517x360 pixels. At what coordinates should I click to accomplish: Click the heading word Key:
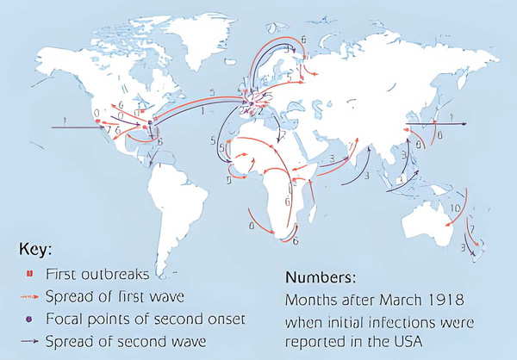coord(35,250)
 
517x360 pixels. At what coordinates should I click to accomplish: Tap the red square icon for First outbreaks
coord(28,274)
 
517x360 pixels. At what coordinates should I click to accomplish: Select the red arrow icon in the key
coord(28,296)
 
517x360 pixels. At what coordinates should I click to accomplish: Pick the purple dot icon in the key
coord(28,319)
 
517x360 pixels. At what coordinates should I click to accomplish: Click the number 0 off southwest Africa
coord(250,226)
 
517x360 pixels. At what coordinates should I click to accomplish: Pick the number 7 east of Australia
coord(470,228)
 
